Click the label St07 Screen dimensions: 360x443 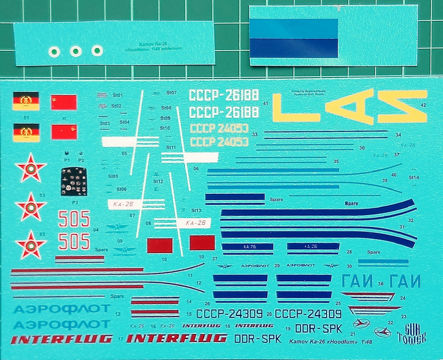click(x=171, y=93)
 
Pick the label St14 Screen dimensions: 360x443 click(x=414, y=177)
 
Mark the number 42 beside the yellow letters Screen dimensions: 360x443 click(x=423, y=105)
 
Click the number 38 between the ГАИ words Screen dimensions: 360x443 click(x=381, y=284)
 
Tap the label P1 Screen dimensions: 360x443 click(x=67, y=160)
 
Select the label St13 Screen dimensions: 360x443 click(x=196, y=210)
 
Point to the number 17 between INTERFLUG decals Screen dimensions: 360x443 click(x=120, y=339)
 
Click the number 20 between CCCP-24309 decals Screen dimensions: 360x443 click(x=269, y=314)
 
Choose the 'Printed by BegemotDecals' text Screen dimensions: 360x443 click(x=308, y=92)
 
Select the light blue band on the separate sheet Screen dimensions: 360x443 click(x=293, y=29)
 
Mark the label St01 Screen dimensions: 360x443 click(x=118, y=95)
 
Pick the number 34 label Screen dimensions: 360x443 click(x=398, y=135)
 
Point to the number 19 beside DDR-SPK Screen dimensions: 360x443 click(x=288, y=329)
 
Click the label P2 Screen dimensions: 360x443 click(x=81, y=160)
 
